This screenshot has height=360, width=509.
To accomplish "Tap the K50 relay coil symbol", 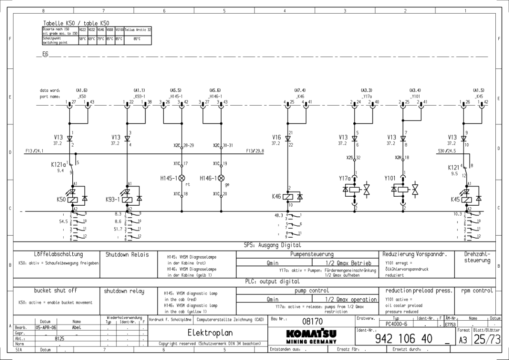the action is pyautogui.click(x=73, y=199).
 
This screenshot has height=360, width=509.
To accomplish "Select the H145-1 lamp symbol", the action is pyautogui.click(x=182, y=177).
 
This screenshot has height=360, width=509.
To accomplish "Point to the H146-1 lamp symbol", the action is pyautogui.click(x=221, y=177).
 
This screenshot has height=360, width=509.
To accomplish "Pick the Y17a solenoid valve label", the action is pyautogui.click(x=344, y=178).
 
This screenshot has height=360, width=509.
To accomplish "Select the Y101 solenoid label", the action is pyautogui.click(x=390, y=178).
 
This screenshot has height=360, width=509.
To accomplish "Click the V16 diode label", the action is pyautogui.click(x=276, y=137).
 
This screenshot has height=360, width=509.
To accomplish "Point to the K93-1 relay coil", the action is pyautogui.click(x=127, y=199).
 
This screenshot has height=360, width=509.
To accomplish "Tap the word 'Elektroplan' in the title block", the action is pyautogui.click(x=210, y=333).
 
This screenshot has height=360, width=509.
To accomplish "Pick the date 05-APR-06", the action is pyautogui.click(x=45, y=325).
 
